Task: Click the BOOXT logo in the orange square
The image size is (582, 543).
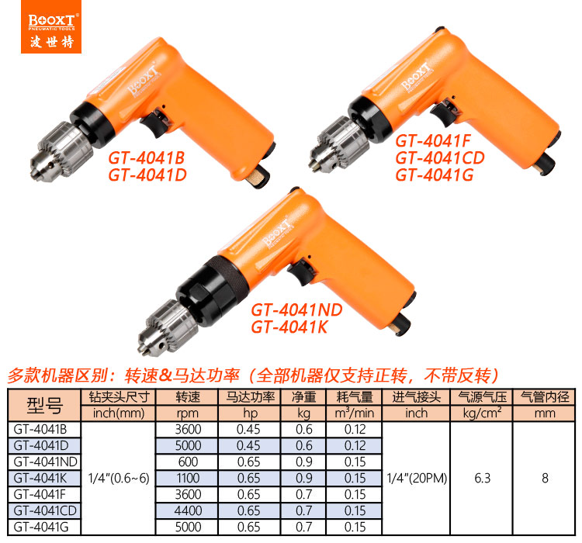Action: click(51, 26)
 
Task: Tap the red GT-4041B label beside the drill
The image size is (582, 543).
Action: click(146, 157)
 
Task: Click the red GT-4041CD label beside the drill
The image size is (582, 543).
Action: click(440, 157)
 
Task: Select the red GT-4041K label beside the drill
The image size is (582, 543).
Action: click(289, 327)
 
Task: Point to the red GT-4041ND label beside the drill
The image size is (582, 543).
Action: click(296, 310)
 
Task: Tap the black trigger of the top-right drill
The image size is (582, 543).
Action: click(445, 112)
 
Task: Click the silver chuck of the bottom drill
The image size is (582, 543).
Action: click(168, 327)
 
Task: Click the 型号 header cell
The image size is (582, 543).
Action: click(44, 405)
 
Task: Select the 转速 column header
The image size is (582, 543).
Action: click(188, 397)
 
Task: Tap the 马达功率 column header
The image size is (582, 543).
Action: click(250, 397)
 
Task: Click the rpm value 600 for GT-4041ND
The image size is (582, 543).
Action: click(188, 462)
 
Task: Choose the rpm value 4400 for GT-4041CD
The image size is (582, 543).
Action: click(188, 510)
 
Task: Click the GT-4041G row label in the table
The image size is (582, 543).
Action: click(41, 527)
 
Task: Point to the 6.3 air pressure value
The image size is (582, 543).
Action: click(482, 478)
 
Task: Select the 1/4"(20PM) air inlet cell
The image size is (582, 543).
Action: click(417, 478)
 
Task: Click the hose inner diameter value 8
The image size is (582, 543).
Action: click(545, 478)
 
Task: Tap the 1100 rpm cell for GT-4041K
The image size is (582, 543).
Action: click(188, 478)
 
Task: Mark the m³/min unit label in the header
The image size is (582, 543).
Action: click(354, 413)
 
